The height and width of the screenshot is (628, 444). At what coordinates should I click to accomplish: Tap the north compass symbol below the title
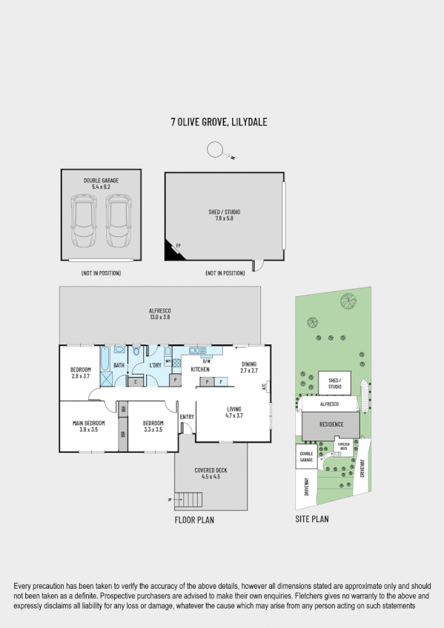217,150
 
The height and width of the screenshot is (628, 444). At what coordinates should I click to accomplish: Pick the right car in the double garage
117,221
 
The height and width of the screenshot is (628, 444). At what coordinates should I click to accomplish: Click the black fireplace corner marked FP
173,251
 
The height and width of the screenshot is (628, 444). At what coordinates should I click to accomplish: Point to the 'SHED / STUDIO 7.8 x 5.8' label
224,215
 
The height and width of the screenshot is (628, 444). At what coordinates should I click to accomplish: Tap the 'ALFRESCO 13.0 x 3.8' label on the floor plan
160,314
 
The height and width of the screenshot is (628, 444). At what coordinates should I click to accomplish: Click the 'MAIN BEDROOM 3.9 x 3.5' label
88,427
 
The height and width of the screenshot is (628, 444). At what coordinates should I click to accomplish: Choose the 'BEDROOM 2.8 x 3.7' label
80,373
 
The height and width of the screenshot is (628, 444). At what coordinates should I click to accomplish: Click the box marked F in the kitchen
220,381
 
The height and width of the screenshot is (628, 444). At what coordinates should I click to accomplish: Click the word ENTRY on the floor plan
186,418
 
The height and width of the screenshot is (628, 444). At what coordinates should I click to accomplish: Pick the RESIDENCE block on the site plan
330,425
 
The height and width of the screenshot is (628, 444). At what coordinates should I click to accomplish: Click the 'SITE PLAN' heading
312,519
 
